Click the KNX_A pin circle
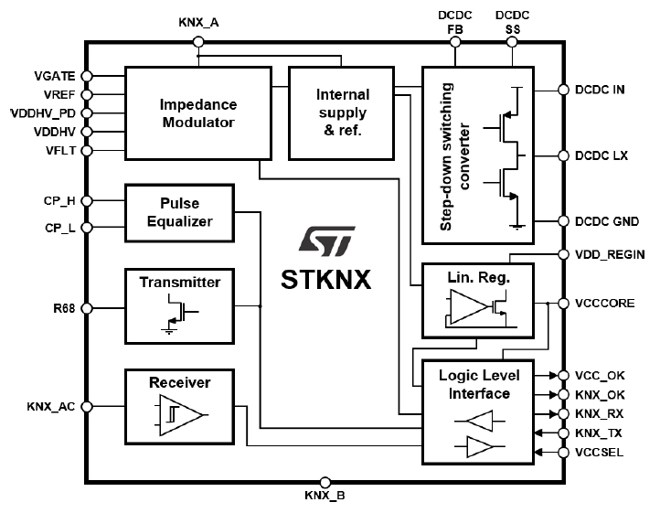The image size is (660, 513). pos(198,42)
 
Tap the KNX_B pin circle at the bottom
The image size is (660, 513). pos(325,482)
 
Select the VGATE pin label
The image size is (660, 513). pos(55,76)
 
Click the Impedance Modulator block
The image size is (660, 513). pos(198,113)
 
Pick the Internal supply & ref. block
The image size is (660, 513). pos(341,113)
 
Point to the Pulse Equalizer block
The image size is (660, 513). pos(180,213)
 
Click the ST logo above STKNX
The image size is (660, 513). pos(326,240)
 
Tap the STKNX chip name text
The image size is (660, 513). pos(326,279)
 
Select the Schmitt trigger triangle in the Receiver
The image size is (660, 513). pos(182,415)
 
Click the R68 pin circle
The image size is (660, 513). pos(86,308)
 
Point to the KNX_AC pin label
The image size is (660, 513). pos(51,407)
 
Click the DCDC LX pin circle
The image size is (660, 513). pos(564,155)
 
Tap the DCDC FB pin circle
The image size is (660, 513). pos(455,42)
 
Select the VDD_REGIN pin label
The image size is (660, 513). pos(610,255)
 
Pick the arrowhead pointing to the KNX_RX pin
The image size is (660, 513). pos(553,414)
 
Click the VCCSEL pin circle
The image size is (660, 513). pos(564,453)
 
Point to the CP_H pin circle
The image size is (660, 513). pos(86,201)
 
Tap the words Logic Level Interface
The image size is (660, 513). pos(479,384)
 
